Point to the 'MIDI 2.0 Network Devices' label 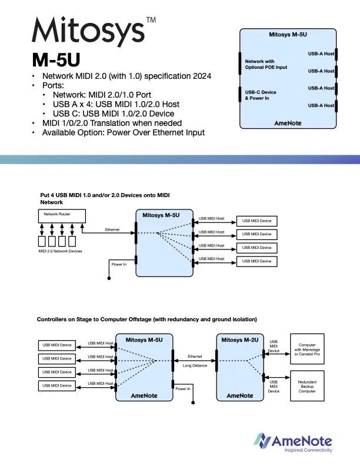pos(59,251)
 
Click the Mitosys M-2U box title pos(239,340)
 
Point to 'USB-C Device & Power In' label pos(260,95)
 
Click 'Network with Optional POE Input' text pos(266,64)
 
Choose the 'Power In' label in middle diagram pos(119,265)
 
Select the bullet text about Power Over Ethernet pos(123,132)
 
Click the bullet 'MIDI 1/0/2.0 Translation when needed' pos(111,123)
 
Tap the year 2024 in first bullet pos(199,76)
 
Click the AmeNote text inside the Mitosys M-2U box pos(239,395)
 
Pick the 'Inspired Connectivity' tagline pos(308,450)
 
